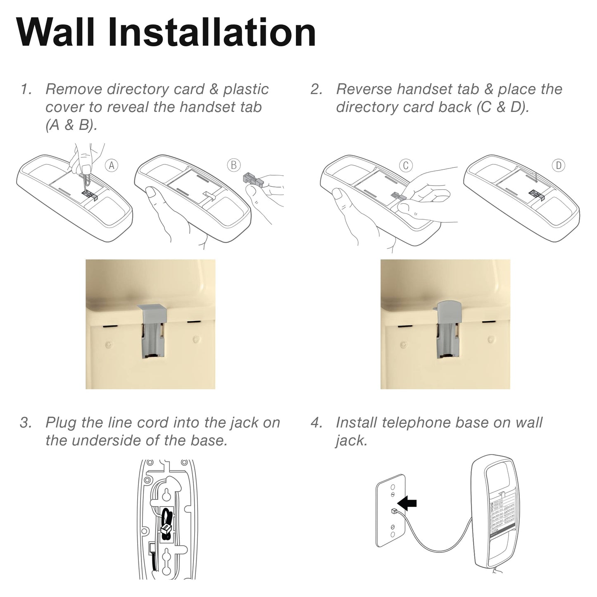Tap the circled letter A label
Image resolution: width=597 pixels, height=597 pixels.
coord(111,166)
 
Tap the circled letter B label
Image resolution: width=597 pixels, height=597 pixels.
coord(233,165)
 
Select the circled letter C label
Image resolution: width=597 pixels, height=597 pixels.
coord(405,165)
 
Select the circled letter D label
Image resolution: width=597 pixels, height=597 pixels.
coord(558,166)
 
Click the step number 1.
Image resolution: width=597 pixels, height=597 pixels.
coord(26,89)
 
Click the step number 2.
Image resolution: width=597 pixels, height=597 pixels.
coord(316,89)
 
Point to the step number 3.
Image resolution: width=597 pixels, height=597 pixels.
coord(26,423)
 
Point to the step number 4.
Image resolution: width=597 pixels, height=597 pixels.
coord(316,423)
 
